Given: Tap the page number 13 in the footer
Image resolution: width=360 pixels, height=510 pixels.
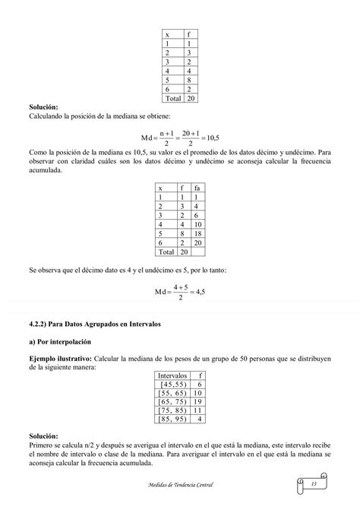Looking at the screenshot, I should [313, 484].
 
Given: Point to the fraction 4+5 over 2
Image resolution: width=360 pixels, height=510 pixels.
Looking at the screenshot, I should [180, 292].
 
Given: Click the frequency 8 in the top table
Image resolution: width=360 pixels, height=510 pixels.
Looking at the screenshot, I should [188, 78].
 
